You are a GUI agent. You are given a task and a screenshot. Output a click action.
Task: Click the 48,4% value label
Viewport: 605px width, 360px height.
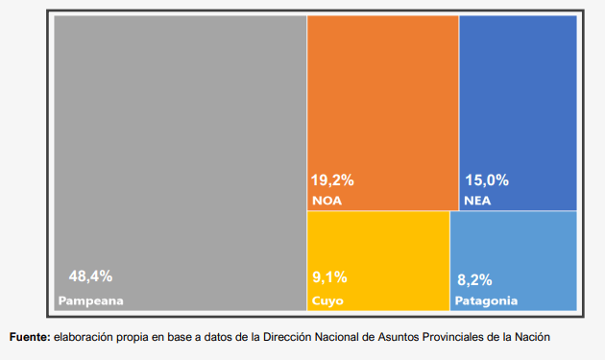90,276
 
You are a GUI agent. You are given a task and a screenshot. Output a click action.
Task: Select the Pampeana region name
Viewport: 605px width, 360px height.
90,301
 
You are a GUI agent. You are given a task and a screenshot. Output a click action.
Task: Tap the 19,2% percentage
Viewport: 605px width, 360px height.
332,180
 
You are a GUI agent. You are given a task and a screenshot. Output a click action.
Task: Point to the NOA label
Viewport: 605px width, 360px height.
327,201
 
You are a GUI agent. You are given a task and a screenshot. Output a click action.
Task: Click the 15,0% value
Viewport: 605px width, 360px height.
487,180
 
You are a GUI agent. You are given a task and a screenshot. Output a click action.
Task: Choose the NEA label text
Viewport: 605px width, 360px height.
477,201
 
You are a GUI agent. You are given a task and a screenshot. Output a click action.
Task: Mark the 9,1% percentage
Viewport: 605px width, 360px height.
329,277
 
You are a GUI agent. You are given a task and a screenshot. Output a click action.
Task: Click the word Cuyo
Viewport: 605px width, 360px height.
327,301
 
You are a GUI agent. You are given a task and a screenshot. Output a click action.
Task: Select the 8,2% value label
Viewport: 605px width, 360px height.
474,279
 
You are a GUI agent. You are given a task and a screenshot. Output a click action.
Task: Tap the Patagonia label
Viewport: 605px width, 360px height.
486,301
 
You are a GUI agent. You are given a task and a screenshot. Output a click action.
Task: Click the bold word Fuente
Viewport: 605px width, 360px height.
30,337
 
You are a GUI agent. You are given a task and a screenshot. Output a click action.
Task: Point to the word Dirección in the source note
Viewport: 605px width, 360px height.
287,337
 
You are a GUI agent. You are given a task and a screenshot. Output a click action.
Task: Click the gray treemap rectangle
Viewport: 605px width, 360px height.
181,163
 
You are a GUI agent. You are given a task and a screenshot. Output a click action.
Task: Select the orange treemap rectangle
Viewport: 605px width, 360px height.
383,113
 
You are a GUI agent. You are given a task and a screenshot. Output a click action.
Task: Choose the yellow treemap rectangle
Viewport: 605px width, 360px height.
378,261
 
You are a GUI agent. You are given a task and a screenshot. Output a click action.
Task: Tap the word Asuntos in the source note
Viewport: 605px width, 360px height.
399,337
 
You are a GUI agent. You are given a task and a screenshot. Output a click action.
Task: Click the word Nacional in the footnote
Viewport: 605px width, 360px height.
337,337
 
